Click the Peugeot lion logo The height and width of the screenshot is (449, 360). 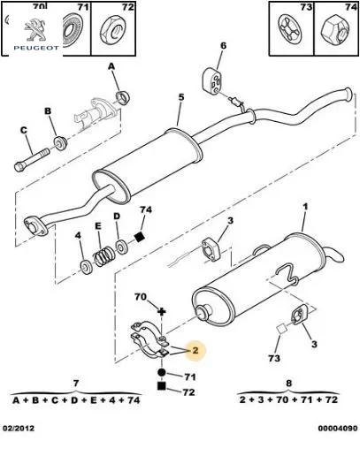tap(35, 30)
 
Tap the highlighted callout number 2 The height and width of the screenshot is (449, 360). tap(195, 350)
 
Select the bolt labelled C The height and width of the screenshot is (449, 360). tap(32, 160)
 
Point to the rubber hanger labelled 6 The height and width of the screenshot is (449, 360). tap(212, 81)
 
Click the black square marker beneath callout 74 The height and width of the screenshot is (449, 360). tap(139, 237)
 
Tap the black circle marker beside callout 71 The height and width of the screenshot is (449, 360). tap(162, 372)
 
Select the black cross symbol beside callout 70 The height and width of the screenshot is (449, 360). tap(162, 311)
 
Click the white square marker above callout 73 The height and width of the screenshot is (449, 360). tap(281, 329)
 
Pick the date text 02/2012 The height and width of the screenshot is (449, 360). tap(19, 428)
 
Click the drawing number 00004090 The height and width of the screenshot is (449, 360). tap(338, 428)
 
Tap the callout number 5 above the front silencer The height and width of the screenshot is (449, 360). tap(181, 96)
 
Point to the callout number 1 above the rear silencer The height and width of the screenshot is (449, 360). tap(305, 207)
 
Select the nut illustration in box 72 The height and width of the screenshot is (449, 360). tap(112, 30)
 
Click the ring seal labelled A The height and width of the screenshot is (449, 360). tap(123, 97)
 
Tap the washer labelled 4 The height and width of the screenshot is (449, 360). tap(87, 267)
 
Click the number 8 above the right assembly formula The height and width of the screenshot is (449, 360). tap(288, 383)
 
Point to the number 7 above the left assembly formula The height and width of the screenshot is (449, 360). tap(76, 383)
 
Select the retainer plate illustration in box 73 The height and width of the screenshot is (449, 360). tap(290, 28)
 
